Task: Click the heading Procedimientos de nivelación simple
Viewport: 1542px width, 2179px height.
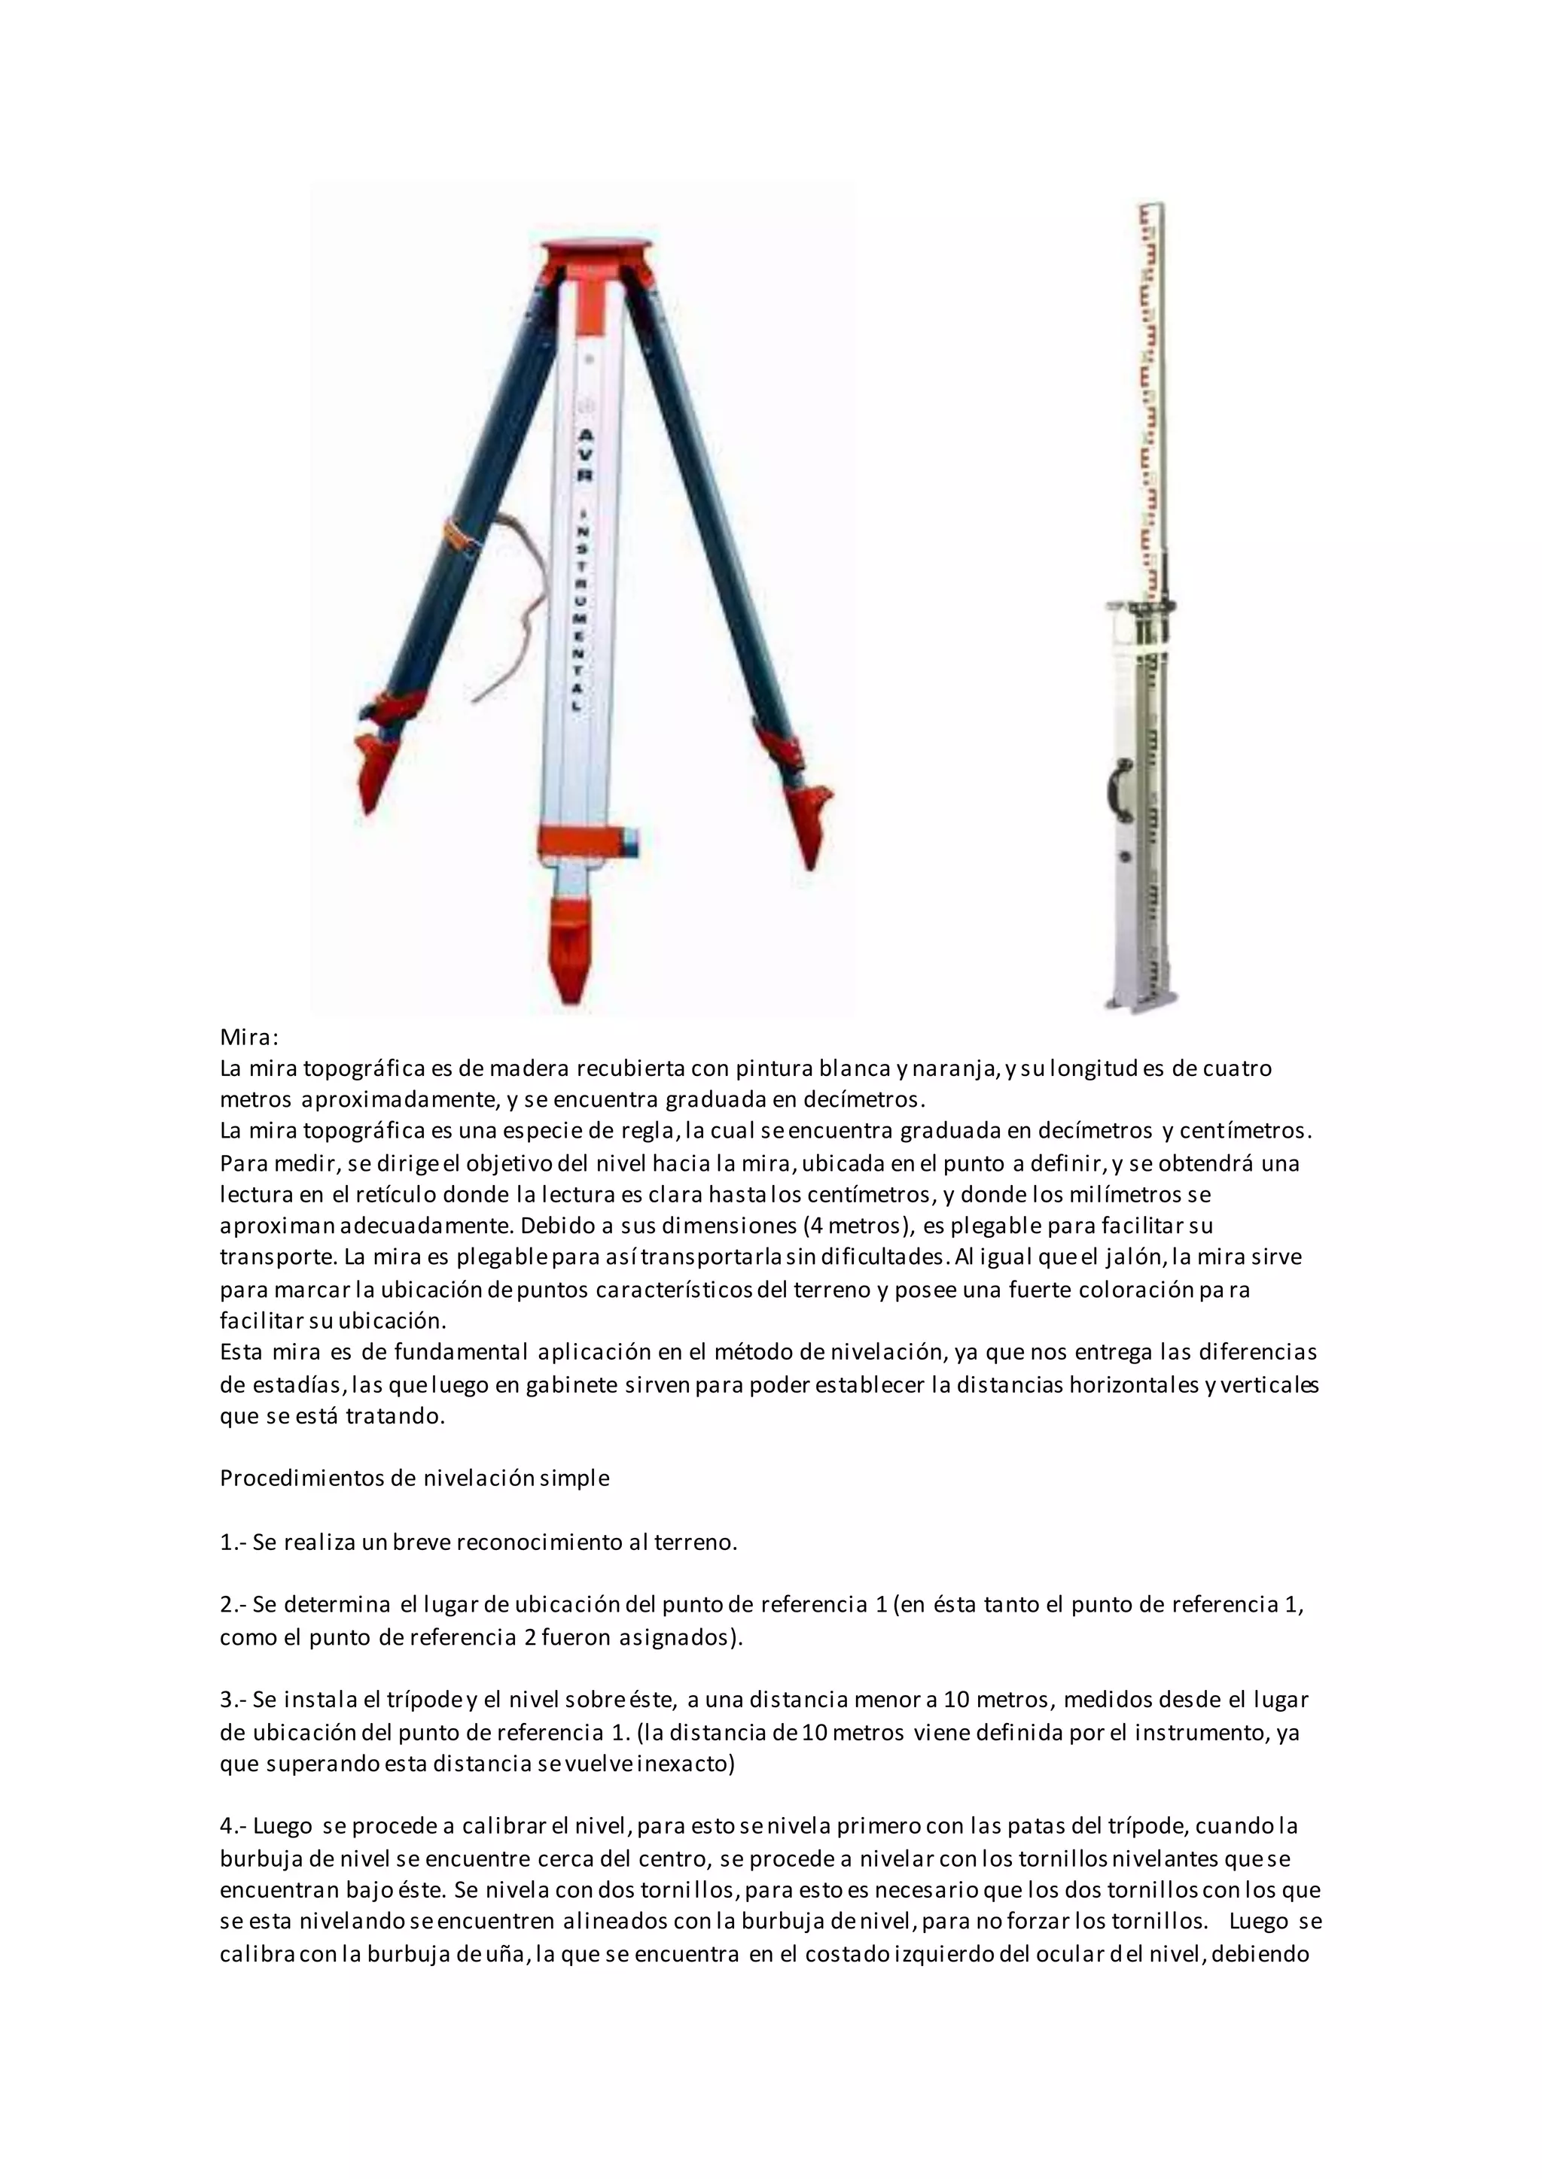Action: tap(414, 1478)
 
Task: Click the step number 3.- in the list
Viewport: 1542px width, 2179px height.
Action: tap(233, 1699)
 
